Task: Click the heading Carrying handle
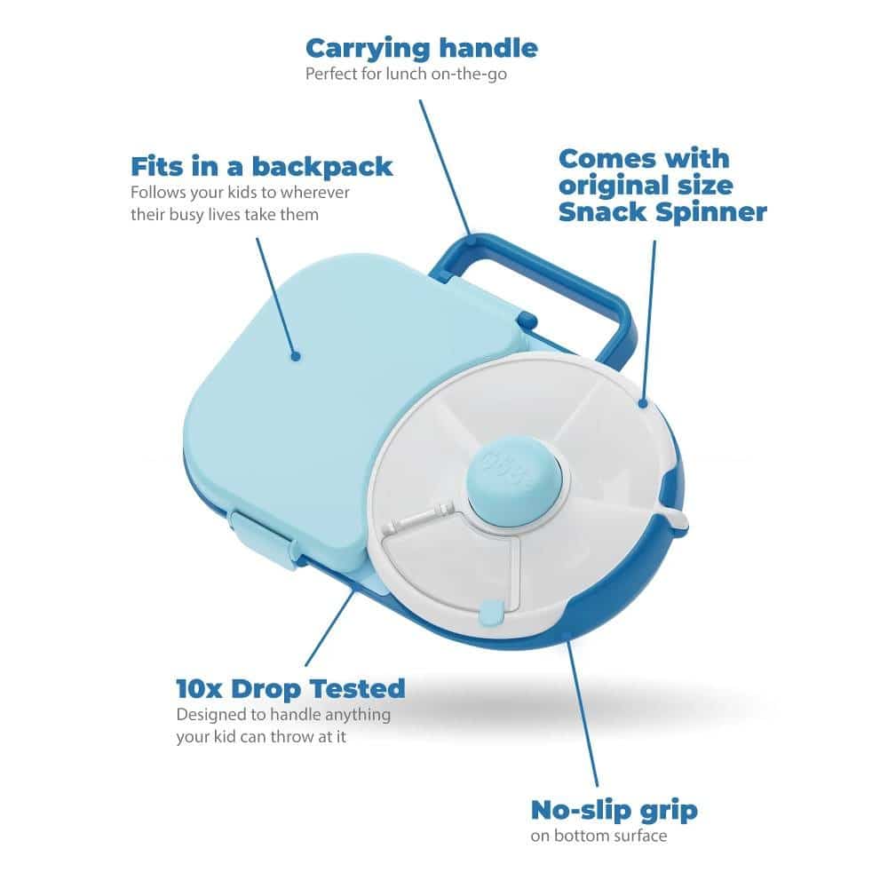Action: click(421, 49)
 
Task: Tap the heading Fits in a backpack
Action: click(262, 167)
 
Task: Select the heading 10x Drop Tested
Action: click(290, 689)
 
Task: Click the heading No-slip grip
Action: click(614, 811)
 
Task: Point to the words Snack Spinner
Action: click(662, 212)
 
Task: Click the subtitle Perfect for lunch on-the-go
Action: click(406, 75)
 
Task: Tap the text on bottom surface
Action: click(599, 836)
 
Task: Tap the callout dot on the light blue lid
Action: click(295, 356)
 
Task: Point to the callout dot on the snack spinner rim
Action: click(642, 403)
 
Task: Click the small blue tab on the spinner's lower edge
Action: click(491, 613)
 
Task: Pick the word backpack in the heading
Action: click(322, 167)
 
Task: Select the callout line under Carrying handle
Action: click(445, 168)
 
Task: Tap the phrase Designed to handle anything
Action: click(283, 715)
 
